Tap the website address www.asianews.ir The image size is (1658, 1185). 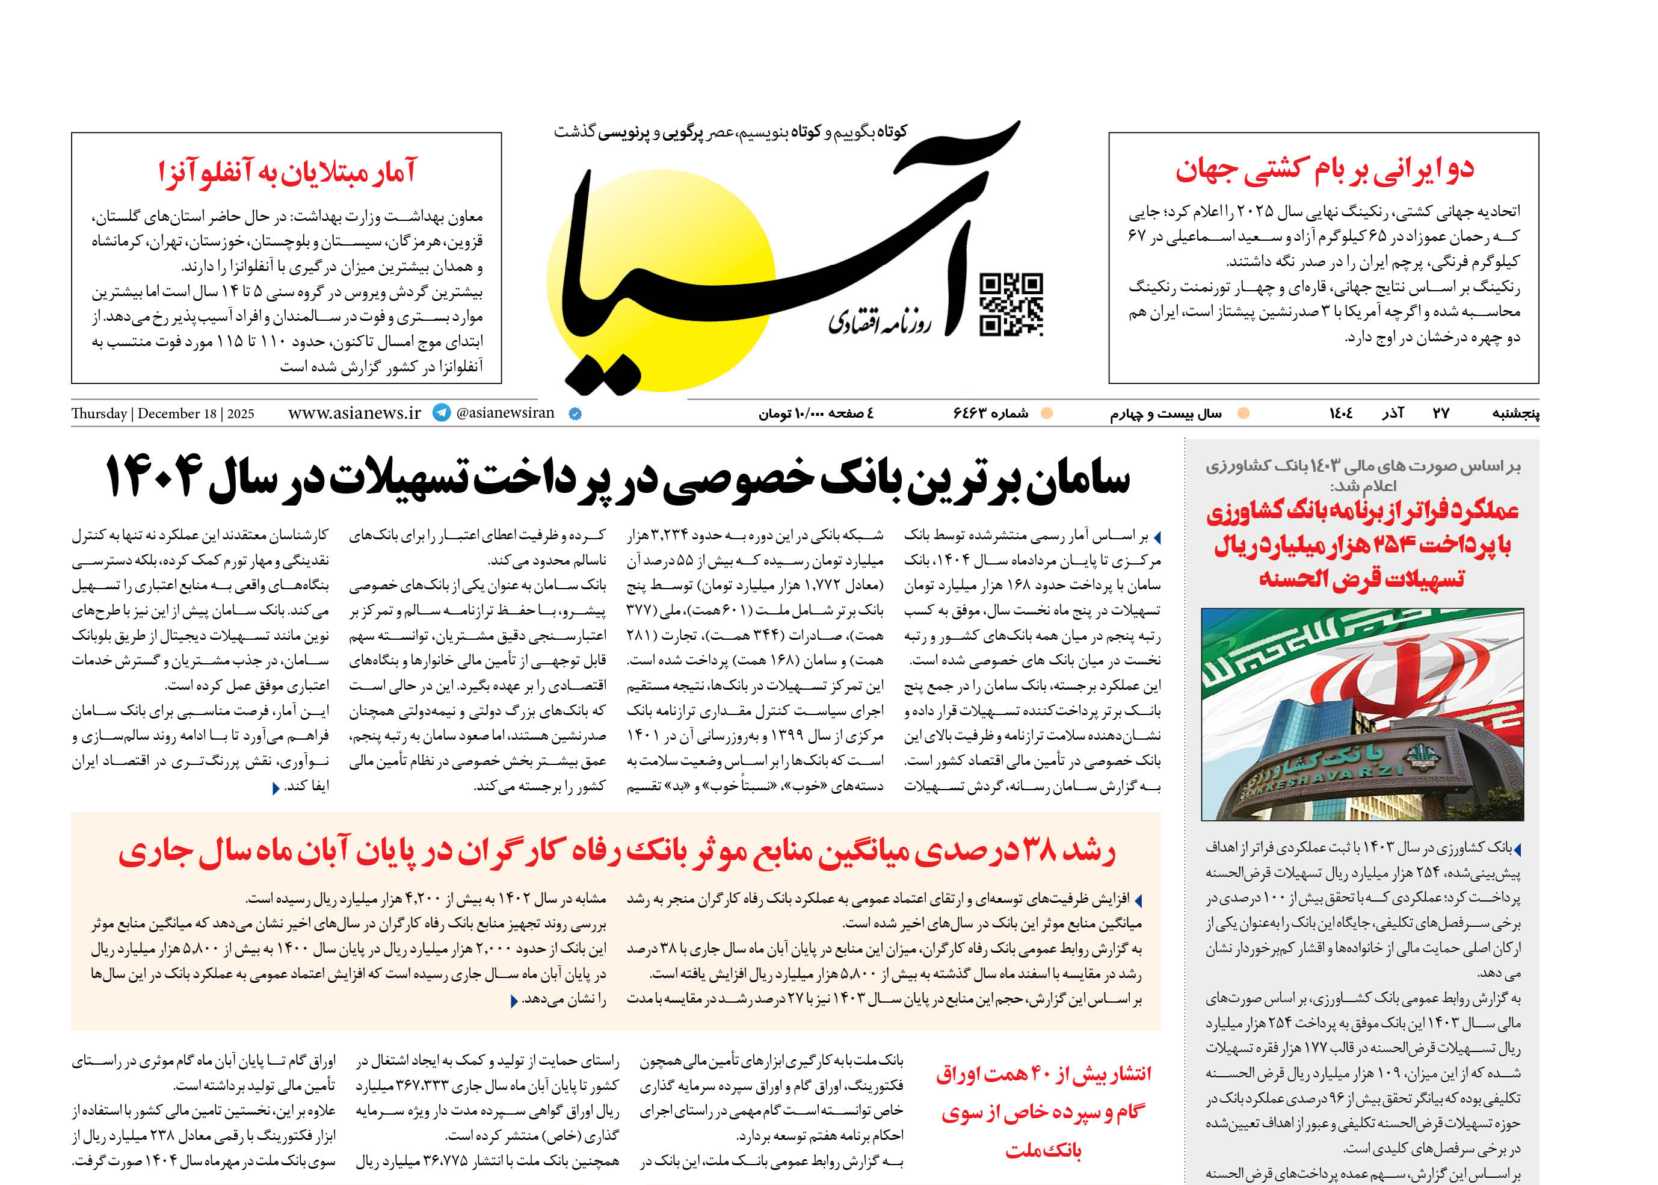[x=354, y=413]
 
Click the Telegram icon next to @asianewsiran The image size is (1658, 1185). [x=442, y=412]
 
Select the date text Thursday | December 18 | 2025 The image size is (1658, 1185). [x=162, y=413]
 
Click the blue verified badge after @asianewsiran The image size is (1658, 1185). [x=575, y=413]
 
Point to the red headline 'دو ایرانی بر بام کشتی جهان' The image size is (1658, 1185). [x=1324, y=169]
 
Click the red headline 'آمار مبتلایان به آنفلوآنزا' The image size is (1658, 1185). [x=288, y=172]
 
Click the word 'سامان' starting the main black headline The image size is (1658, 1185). [x=1078, y=480]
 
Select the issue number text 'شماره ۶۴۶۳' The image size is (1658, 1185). [x=991, y=413]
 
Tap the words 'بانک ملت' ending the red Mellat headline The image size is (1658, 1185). [x=1043, y=1151]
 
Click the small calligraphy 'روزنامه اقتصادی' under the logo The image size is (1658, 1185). [x=880, y=322]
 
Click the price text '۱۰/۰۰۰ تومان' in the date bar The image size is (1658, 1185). [x=783, y=413]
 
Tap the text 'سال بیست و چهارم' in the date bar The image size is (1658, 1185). [x=1166, y=413]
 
